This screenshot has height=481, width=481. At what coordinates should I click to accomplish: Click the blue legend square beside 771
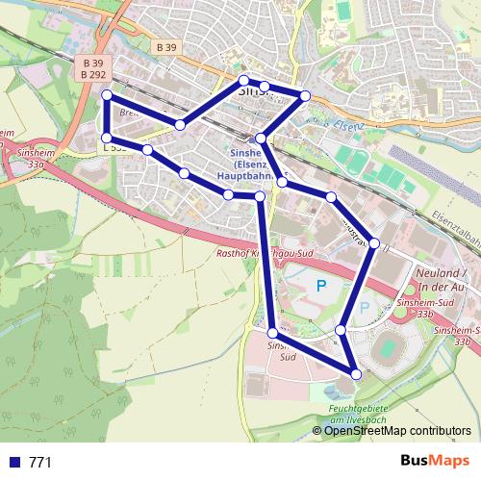pyautogui.click(x=14, y=462)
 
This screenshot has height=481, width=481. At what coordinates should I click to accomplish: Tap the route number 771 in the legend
pyautogui.click(x=40, y=462)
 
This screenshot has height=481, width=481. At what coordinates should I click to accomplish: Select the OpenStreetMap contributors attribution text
pyautogui.click(x=397, y=430)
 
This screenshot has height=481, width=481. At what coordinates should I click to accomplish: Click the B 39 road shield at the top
pyautogui.click(x=165, y=46)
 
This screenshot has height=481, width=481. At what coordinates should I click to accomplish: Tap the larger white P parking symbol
pyautogui.click(x=321, y=285)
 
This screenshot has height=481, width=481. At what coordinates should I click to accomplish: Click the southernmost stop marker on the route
pyautogui.click(x=357, y=373)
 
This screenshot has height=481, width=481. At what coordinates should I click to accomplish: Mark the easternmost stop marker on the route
pyautogui.click(x=375, y=242)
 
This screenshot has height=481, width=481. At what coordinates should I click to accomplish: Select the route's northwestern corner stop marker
pyautogui.click(x=107, y=95)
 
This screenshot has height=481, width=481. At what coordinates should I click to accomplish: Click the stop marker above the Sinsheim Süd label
pyautogui.click(x=273, y=332)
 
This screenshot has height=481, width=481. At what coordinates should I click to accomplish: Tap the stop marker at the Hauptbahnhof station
pyautogui.click(x=261, y=139)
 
